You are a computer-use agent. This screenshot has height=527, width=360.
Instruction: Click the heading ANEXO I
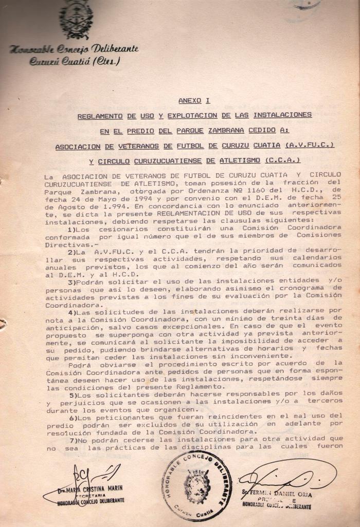(194, 101)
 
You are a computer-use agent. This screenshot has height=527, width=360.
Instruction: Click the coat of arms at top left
(76, 20)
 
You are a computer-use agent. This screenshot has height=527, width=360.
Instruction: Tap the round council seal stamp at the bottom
(196, 486)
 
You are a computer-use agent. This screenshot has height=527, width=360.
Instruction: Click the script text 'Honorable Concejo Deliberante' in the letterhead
(74, 50)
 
